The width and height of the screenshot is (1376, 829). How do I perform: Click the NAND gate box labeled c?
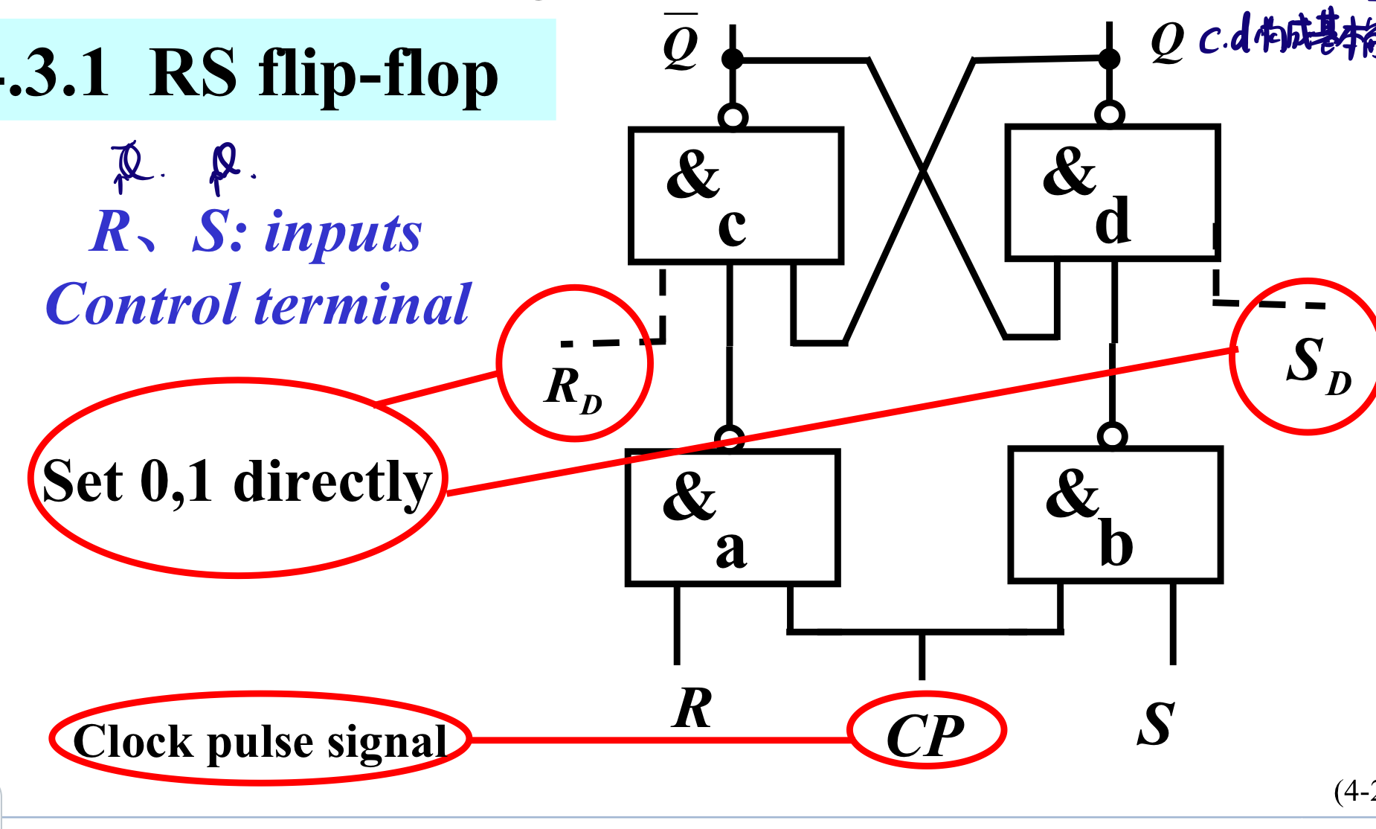[x=735, y=196]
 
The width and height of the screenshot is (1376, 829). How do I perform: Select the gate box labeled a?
[x=733, y=518]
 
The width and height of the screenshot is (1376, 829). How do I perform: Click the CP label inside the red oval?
[x=925, y=736]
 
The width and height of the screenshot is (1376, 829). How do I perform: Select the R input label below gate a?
[x=692, y=708]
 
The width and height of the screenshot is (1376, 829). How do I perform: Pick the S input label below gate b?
[x=1155, y=723]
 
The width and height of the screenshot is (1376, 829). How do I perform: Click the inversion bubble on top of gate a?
[x=730, y=438]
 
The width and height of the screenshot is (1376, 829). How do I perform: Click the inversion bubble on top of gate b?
[x=1112, y=435]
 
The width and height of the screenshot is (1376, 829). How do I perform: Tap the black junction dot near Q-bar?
[x=733, y=59]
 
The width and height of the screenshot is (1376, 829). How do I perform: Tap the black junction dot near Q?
[x=1109, y=58]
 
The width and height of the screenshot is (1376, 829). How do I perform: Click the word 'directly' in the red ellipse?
[x=332, y=482]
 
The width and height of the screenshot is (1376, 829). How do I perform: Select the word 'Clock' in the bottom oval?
[x=134, y=741]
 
